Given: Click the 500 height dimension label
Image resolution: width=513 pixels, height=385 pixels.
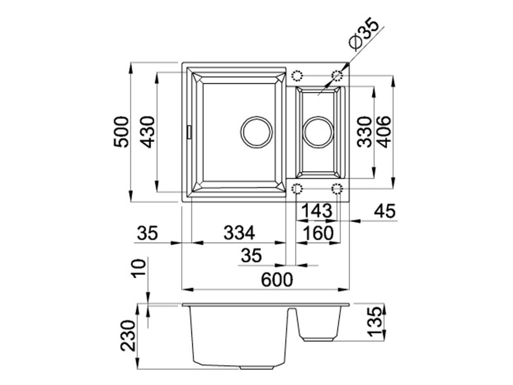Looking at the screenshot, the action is click(x=121, y=132).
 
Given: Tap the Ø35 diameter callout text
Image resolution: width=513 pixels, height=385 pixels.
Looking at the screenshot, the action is click(x=363, y=33).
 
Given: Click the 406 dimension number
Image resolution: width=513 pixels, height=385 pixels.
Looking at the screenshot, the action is click(x=383, y=132).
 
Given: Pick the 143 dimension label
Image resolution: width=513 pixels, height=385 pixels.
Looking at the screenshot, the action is click(x=317, y=211).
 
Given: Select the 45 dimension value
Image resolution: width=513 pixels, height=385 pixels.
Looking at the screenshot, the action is click(x=385, y=211).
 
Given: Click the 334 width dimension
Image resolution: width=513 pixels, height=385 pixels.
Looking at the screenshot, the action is click(x=239, y=233).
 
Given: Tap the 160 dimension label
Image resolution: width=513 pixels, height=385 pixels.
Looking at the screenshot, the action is click(x=318, y=233).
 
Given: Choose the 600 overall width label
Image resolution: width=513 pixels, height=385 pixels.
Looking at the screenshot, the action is click(x=277, y=280).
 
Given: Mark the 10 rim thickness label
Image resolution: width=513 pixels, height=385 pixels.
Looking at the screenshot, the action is click(x=139, y=268).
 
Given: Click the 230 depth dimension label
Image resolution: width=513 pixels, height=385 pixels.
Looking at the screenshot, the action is click(x=128, y=335).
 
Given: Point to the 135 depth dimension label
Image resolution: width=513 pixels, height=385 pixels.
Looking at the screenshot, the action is click(x=374, y=321).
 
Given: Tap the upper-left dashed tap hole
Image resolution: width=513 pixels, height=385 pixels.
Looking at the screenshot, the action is click(x=297, y=76).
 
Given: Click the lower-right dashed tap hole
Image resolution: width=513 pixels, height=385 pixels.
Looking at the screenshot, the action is click(x=337, y=189).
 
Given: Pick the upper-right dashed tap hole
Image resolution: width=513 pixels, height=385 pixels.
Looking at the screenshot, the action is click(x=337, y=76).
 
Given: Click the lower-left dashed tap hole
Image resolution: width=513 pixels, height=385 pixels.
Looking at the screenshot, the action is click(x=297, y=189).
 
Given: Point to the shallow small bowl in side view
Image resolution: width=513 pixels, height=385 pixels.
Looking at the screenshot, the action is click(x=319, y=324).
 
